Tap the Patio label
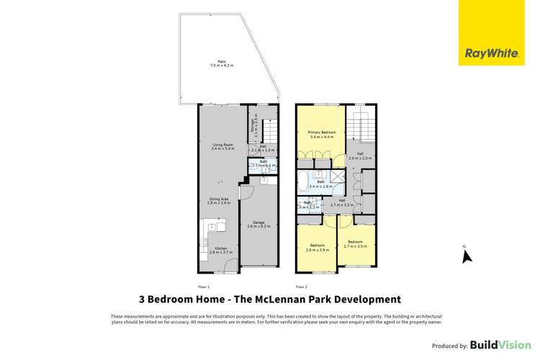(x=222, y=63)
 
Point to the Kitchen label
(x=217, y=250)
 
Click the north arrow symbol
(x=465, y=253)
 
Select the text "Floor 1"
(x=204, y=286)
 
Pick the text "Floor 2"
(x=301, y=286)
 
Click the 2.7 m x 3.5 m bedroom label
(x=356, y=243)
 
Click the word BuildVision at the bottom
(x=496, y=345)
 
